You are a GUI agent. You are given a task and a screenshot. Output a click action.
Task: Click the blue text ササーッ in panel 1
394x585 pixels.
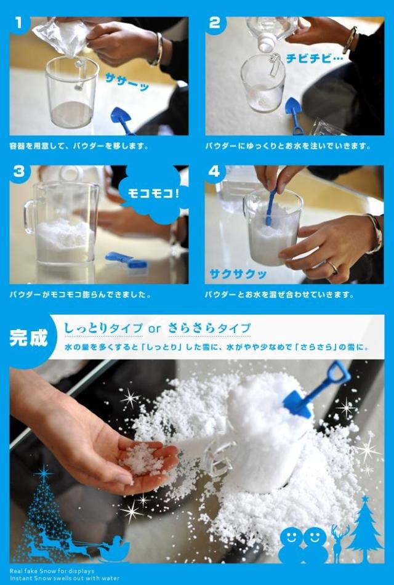tap(127, 82)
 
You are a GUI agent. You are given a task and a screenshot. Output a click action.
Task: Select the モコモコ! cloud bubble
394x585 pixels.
tap(153, 195)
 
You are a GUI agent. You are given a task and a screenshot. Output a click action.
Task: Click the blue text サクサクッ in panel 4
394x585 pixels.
tap(238, 274)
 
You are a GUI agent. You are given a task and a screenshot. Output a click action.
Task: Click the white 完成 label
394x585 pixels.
tap(29, 338)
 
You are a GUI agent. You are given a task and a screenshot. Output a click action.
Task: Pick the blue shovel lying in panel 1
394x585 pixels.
tap(123, 119)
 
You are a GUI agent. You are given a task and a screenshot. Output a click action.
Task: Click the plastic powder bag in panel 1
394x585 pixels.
tap(62, 36)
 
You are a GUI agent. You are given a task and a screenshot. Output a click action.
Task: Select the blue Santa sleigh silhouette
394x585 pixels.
tap(114, 549)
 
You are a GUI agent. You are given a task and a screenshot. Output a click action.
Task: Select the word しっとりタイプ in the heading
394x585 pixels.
tap(103, 329)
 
